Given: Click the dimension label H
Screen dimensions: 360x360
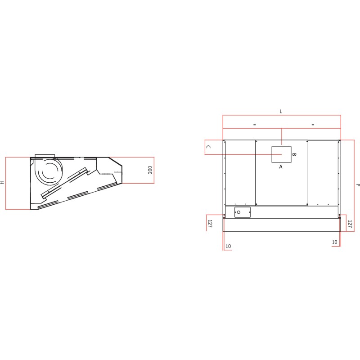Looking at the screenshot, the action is point(2,183).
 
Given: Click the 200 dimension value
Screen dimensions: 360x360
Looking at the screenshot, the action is point(150,170).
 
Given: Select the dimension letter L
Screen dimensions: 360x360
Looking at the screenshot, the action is point(281,112).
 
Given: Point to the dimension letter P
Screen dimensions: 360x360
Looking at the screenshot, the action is point(357,185).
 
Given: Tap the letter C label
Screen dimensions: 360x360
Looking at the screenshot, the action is point(208,147).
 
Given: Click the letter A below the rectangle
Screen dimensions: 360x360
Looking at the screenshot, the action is point(280,167).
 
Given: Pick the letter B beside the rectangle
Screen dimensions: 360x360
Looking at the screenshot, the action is point(294,154).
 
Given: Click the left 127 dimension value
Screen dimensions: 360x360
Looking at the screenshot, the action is point(210,224).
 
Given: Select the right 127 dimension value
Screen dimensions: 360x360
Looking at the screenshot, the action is point(350,224).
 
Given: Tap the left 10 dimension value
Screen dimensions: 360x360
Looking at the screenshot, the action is point(228,246).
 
